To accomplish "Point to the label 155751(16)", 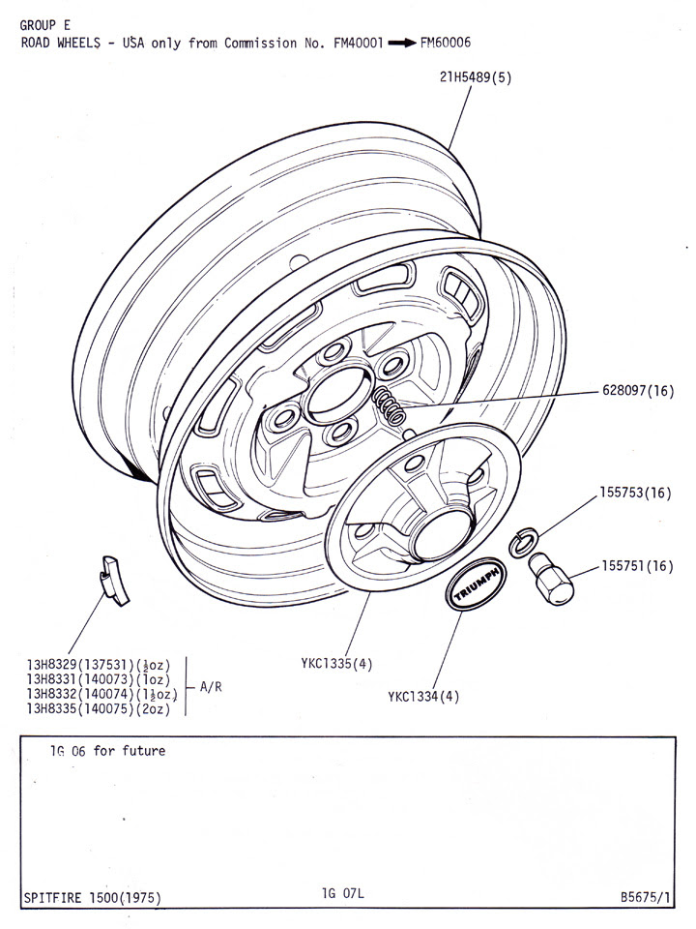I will [x=638, y=566].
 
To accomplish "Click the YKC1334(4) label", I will [x=424, y=695].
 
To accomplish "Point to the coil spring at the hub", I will [x=390, y=404].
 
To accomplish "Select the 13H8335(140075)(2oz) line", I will [x=101, y=709].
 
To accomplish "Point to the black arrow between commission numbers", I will [x=402, y=44].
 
